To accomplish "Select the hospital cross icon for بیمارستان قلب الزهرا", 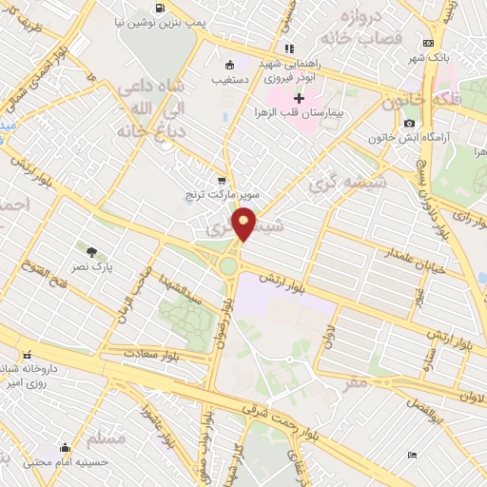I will (x=299, y=98).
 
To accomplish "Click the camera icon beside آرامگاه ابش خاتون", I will (x=409, y=124).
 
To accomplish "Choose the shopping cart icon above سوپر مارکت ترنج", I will (x=222, y=180).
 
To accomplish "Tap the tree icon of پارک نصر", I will (x=91, y=252).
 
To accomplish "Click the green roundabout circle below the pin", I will (x=229, y=265).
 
